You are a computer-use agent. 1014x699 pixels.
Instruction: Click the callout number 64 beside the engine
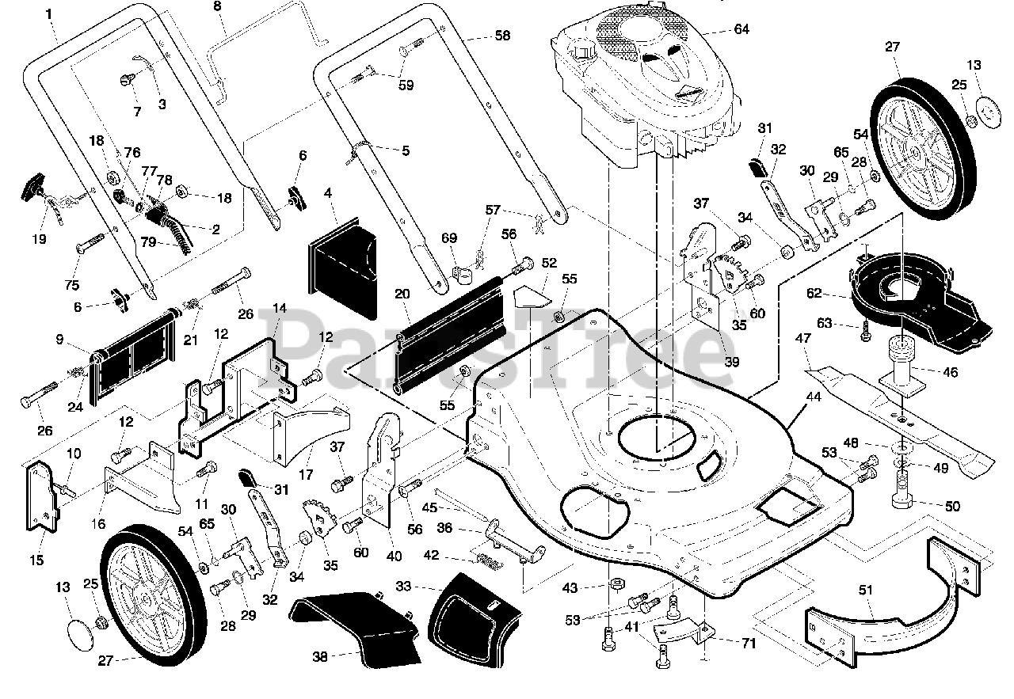[741, 30]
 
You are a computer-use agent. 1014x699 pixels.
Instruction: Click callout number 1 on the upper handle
[49, 13]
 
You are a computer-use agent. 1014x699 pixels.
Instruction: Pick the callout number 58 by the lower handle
[501, 36]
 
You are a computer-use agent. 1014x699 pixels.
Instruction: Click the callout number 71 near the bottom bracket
[748, 644]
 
